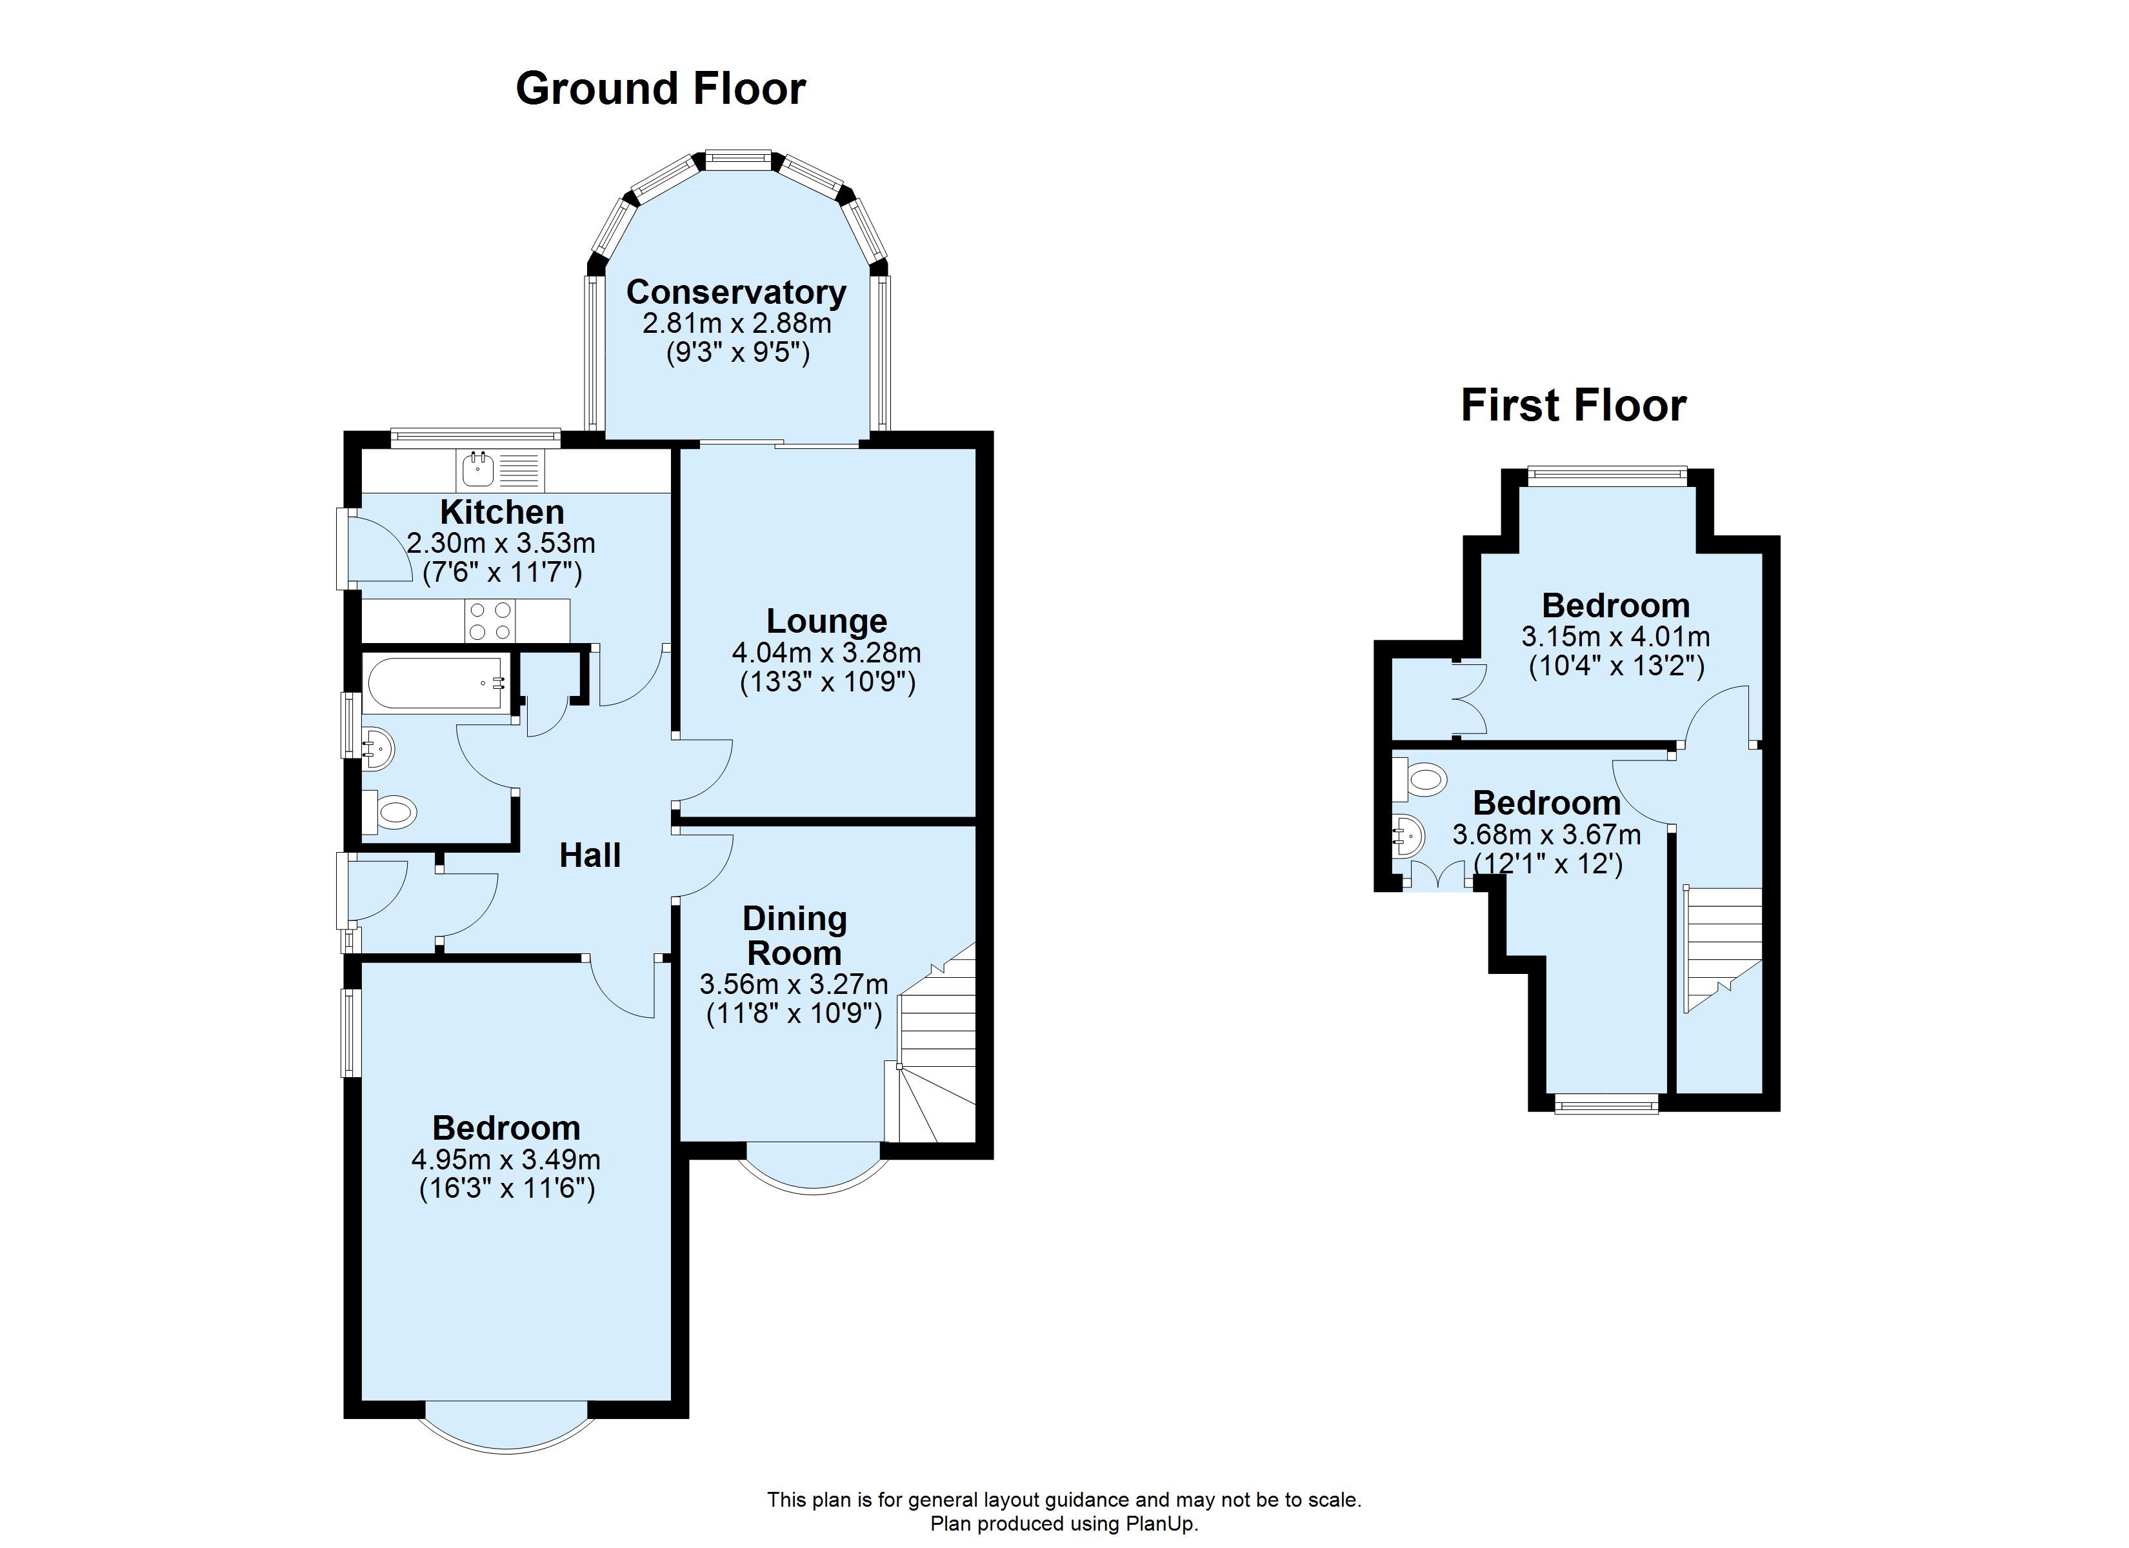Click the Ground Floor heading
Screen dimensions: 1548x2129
coord(660,89)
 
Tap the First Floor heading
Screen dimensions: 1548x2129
coord(1574,406)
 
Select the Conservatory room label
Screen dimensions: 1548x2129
coord(736,292)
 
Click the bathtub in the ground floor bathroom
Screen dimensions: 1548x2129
coord(437,682)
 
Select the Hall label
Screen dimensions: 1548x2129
coord(590,855)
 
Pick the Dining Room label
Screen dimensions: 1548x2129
coord(794,935)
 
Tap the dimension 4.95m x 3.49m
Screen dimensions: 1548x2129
coord(506,1159)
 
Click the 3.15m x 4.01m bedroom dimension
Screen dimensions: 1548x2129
coord(1615,637)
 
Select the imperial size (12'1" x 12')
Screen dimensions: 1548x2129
coord(1547,863)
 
